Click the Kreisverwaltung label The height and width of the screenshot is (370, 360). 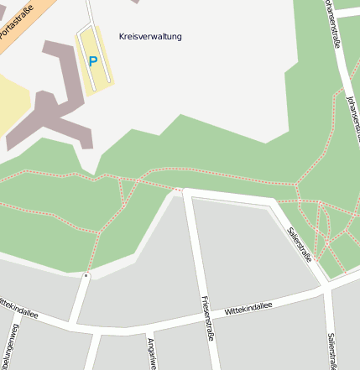[150, 37]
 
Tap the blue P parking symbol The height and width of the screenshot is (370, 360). [93, 61]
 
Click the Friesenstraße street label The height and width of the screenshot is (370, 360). [205, 318]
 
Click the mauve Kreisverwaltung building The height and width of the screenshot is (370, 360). [58, 101]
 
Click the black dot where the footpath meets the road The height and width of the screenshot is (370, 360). [86, 274]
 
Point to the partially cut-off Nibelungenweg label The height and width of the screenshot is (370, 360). [10, 348]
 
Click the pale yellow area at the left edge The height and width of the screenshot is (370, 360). [12, 105]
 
